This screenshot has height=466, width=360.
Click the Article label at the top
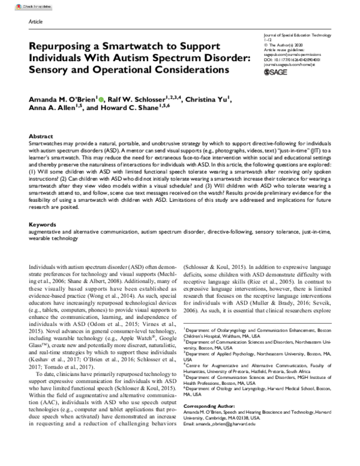pyautogui.click(x=35, y=21)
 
